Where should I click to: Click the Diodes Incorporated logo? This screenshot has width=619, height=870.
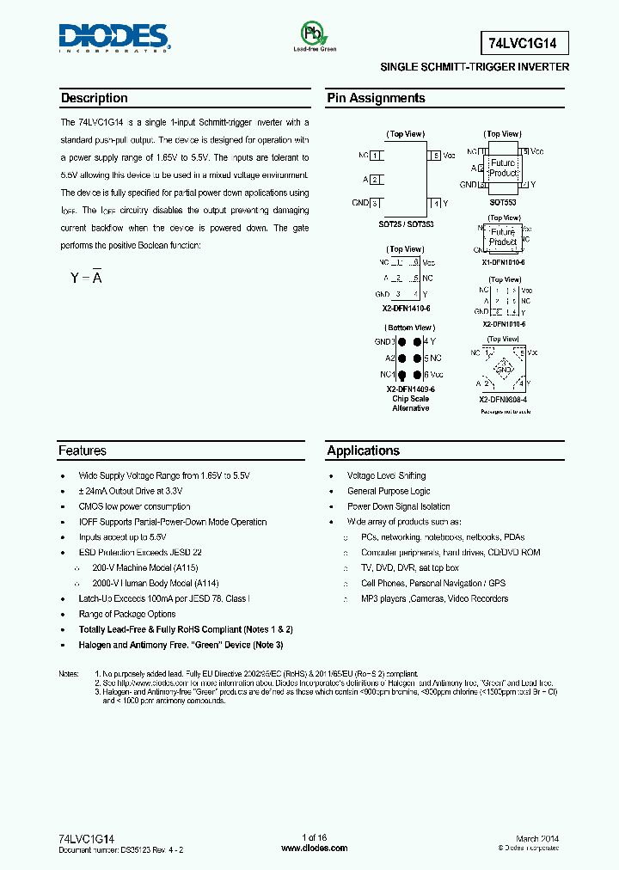[x=114, y=37]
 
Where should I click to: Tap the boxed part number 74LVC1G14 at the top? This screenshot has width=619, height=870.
[x=522, y=40]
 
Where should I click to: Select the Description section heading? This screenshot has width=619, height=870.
[x=95, y=98]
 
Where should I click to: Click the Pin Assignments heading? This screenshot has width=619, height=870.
[x=376, y=98]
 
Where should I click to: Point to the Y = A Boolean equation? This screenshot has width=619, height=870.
[x=86, y=278]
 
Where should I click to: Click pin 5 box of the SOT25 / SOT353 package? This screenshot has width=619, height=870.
[x=436, y=156]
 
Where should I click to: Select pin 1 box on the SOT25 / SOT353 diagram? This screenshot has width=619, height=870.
[x=377, y=156]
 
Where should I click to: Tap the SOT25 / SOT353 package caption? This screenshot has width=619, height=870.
[x=407, y=224]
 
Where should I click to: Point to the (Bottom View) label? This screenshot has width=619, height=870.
[x=410, y=328]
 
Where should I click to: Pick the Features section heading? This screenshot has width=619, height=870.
[x=83, y=450]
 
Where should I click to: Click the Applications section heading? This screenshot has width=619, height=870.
[x=363, y=450]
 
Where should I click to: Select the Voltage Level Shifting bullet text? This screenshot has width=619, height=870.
[x=386, y=475]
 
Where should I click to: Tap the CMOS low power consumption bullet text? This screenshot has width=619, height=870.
[x=134, y=506]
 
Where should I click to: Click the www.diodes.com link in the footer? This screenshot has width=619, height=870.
[x=315, y=848]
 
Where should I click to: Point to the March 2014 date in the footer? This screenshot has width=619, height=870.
[x=537, y=838]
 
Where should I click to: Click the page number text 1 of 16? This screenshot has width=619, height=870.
[x=315, y=838]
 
